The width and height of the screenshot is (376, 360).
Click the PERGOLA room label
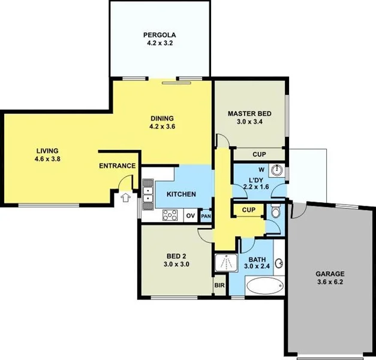[x=159, y=34]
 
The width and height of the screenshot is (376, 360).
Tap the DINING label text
[x=161, y=118]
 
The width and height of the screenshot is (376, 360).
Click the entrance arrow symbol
[x=125, y=197]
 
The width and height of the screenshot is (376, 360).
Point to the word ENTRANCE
[x=117, y=166]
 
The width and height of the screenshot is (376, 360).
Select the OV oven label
[x=190, y=215]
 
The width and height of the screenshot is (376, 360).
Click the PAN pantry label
[x=206, y=216]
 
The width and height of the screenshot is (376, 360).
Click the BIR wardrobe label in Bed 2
[x=219, y=286]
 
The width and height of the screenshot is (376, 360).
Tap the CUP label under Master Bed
[x=259, y=154]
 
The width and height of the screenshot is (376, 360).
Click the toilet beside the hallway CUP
[x=275, y=212]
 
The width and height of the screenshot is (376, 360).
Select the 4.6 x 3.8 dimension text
[x=48, y=159]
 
